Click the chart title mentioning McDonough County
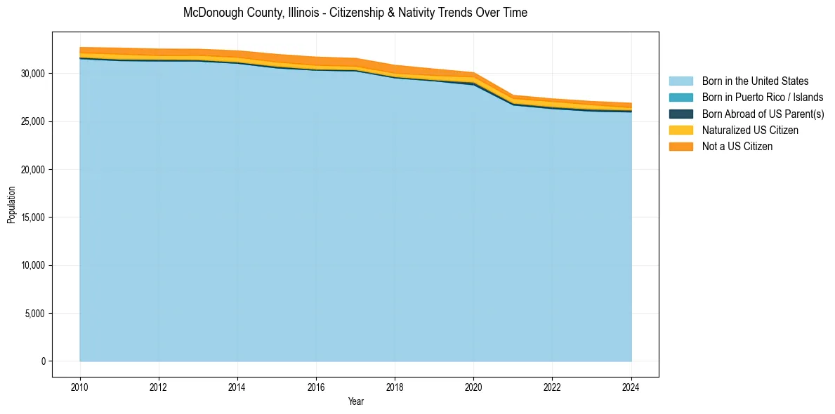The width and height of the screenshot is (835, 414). tap(355, 13)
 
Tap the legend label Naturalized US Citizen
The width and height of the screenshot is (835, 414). tap(750, 131)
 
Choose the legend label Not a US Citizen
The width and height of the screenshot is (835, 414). tap(737, 147)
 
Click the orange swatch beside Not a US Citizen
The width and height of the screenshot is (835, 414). tap(681, 147)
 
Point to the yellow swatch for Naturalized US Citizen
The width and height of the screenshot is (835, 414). tap(681, 131)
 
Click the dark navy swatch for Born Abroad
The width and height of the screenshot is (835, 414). tap(681, 114)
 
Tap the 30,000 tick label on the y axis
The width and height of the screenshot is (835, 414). tap(34, 74)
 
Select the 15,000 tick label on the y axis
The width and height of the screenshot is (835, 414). tap(34, 218)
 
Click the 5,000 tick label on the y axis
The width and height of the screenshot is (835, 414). tap(36, 314)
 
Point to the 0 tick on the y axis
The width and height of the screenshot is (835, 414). tap(43, 361)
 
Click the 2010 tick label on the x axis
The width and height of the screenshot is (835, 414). tap(80, 386)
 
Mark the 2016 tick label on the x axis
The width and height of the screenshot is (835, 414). tap(316, 386)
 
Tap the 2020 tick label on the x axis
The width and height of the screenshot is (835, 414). tap(473, 386)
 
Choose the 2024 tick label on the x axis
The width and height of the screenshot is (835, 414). tap(631, 386)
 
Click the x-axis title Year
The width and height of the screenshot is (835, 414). tap(355, 401)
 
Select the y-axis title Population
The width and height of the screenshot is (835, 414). tap(11, 205)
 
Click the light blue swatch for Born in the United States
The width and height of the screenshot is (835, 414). tap(681, 81)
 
